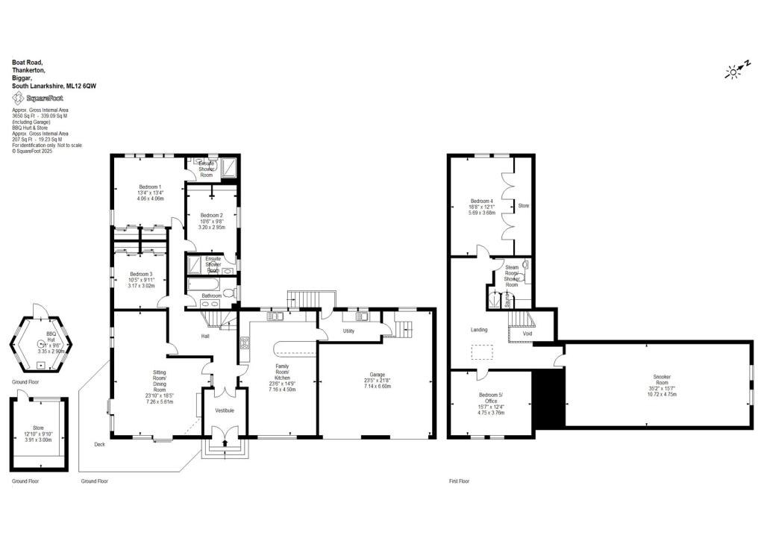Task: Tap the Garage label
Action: pyautogui.click(x=376, y=374)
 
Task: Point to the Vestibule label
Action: pyautogui.click(x=225, y=410)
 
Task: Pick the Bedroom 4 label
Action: pyautogui.click(x=481, y=201)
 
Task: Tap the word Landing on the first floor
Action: pyautogui.click(x=479, y=329)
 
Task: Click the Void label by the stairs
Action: pyautogui.click(x=527, y=334)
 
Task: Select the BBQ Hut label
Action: pyautogui.click(x=51, y=334)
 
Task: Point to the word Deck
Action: pyautogui.click(x=99, y=445)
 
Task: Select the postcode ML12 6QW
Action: pyautogui.click(x=81, y=87)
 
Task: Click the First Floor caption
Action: pyautogui.click(x=460, y=481)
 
